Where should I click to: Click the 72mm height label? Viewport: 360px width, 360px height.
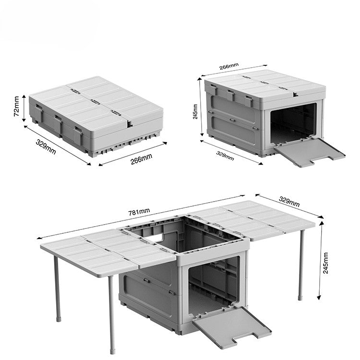[16, 106]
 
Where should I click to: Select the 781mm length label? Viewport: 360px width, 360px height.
[139, 211]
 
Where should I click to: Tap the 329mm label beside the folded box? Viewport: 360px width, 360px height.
[46, 147]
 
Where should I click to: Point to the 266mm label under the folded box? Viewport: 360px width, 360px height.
[141, 159]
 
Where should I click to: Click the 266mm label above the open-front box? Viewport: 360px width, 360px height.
[228, 66]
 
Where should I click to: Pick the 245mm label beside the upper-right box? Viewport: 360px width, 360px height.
[195, 111]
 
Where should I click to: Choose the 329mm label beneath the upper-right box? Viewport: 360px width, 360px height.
[225, 156]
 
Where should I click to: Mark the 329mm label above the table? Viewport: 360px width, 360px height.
[289, 201]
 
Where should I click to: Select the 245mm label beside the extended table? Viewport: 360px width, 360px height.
[325, 263]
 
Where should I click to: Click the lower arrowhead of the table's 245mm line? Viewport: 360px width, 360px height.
[319, 298]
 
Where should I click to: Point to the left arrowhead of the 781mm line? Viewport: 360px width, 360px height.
[38, 238]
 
